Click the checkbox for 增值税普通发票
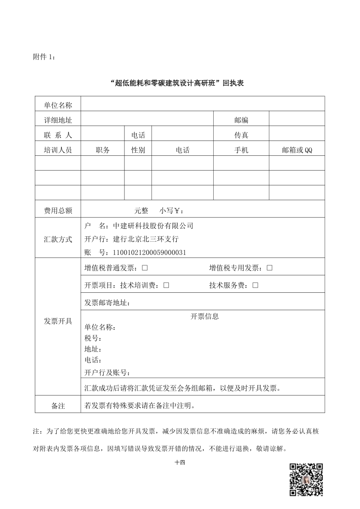coord(145,268)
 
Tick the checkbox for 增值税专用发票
coord(269,268)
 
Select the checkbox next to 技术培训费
coord(166,285)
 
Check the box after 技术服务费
coord(255,285)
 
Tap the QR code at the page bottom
coord(306,479)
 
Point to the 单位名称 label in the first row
coord(58,105)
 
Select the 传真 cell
coord(241,135)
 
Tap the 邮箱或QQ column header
coord(297,150)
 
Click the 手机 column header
coord(241,150)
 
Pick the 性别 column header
coord(138,150)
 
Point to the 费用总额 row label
coord(58,211)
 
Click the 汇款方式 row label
coord(58,239)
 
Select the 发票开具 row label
coord(58,321)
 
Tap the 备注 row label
coord(58,406)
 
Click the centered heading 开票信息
coord(205,316)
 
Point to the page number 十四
coord(180,463)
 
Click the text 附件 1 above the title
coord(44,57)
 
